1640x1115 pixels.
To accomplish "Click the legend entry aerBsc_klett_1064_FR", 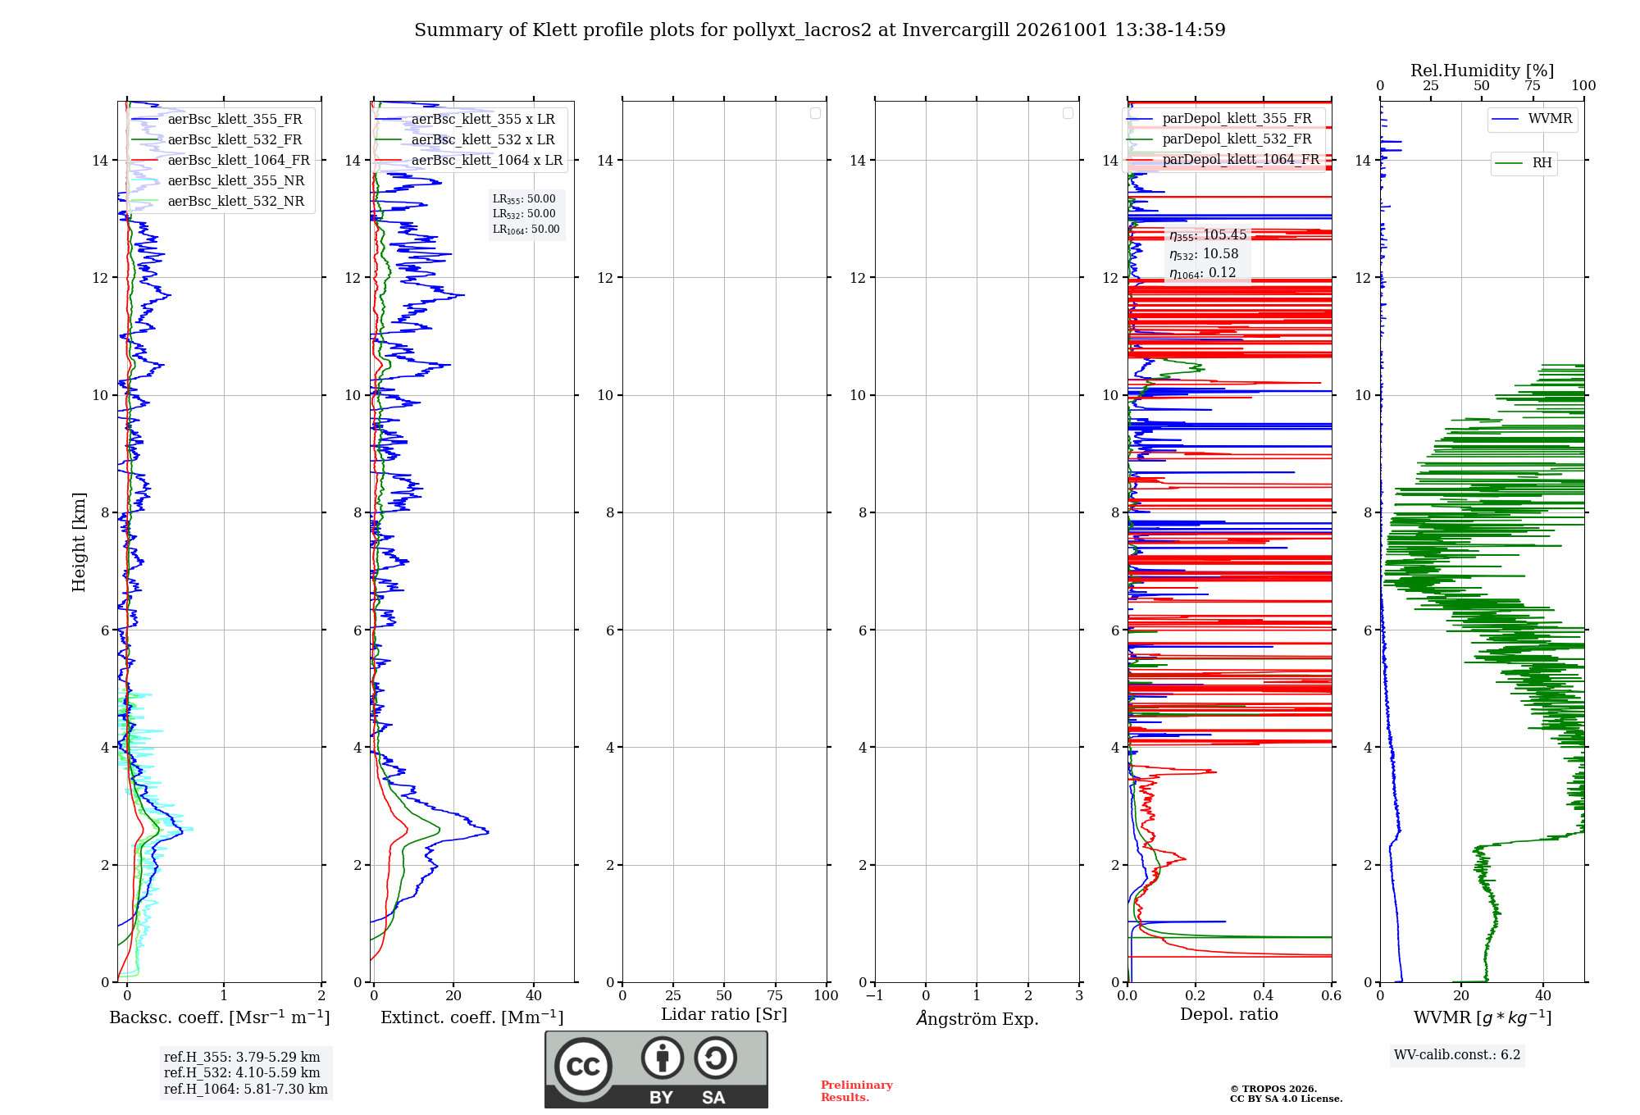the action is (x=221, y=161).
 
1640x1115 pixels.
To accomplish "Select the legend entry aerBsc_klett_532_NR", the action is (x=218, y=202).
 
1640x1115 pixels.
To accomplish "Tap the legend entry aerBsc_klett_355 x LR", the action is (x=465, y=120).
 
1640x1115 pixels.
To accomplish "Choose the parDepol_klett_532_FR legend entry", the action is (x=1219, y=139).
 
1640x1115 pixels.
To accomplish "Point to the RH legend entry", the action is (x=1524, y=163).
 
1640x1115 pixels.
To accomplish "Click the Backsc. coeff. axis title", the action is (x=220, y=1017).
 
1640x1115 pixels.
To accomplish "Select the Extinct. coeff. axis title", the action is (x=472, y=1017).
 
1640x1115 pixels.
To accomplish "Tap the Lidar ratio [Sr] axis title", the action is (x=724, y=1015).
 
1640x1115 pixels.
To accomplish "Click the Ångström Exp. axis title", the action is (x=977, y=1018).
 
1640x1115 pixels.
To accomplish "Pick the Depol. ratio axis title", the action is (x=1229, y=1015).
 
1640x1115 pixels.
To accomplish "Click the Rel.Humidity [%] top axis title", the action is (x=1483, y=71).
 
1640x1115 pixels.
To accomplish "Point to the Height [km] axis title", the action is (x=79, y=542).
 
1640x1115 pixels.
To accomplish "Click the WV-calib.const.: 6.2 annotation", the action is (x=1457, y=1055).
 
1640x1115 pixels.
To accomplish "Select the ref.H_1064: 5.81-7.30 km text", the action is (x=246, y=1090).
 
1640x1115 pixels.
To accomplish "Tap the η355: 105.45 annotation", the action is (x=1208, y=235).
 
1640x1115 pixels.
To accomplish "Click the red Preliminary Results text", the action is (x=857, y=1091).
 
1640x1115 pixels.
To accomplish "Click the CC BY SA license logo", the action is (x=657, y=1070).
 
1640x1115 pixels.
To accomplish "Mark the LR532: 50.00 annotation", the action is (x=524, y=214).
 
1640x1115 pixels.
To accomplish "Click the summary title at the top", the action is (x=820, y=30).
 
